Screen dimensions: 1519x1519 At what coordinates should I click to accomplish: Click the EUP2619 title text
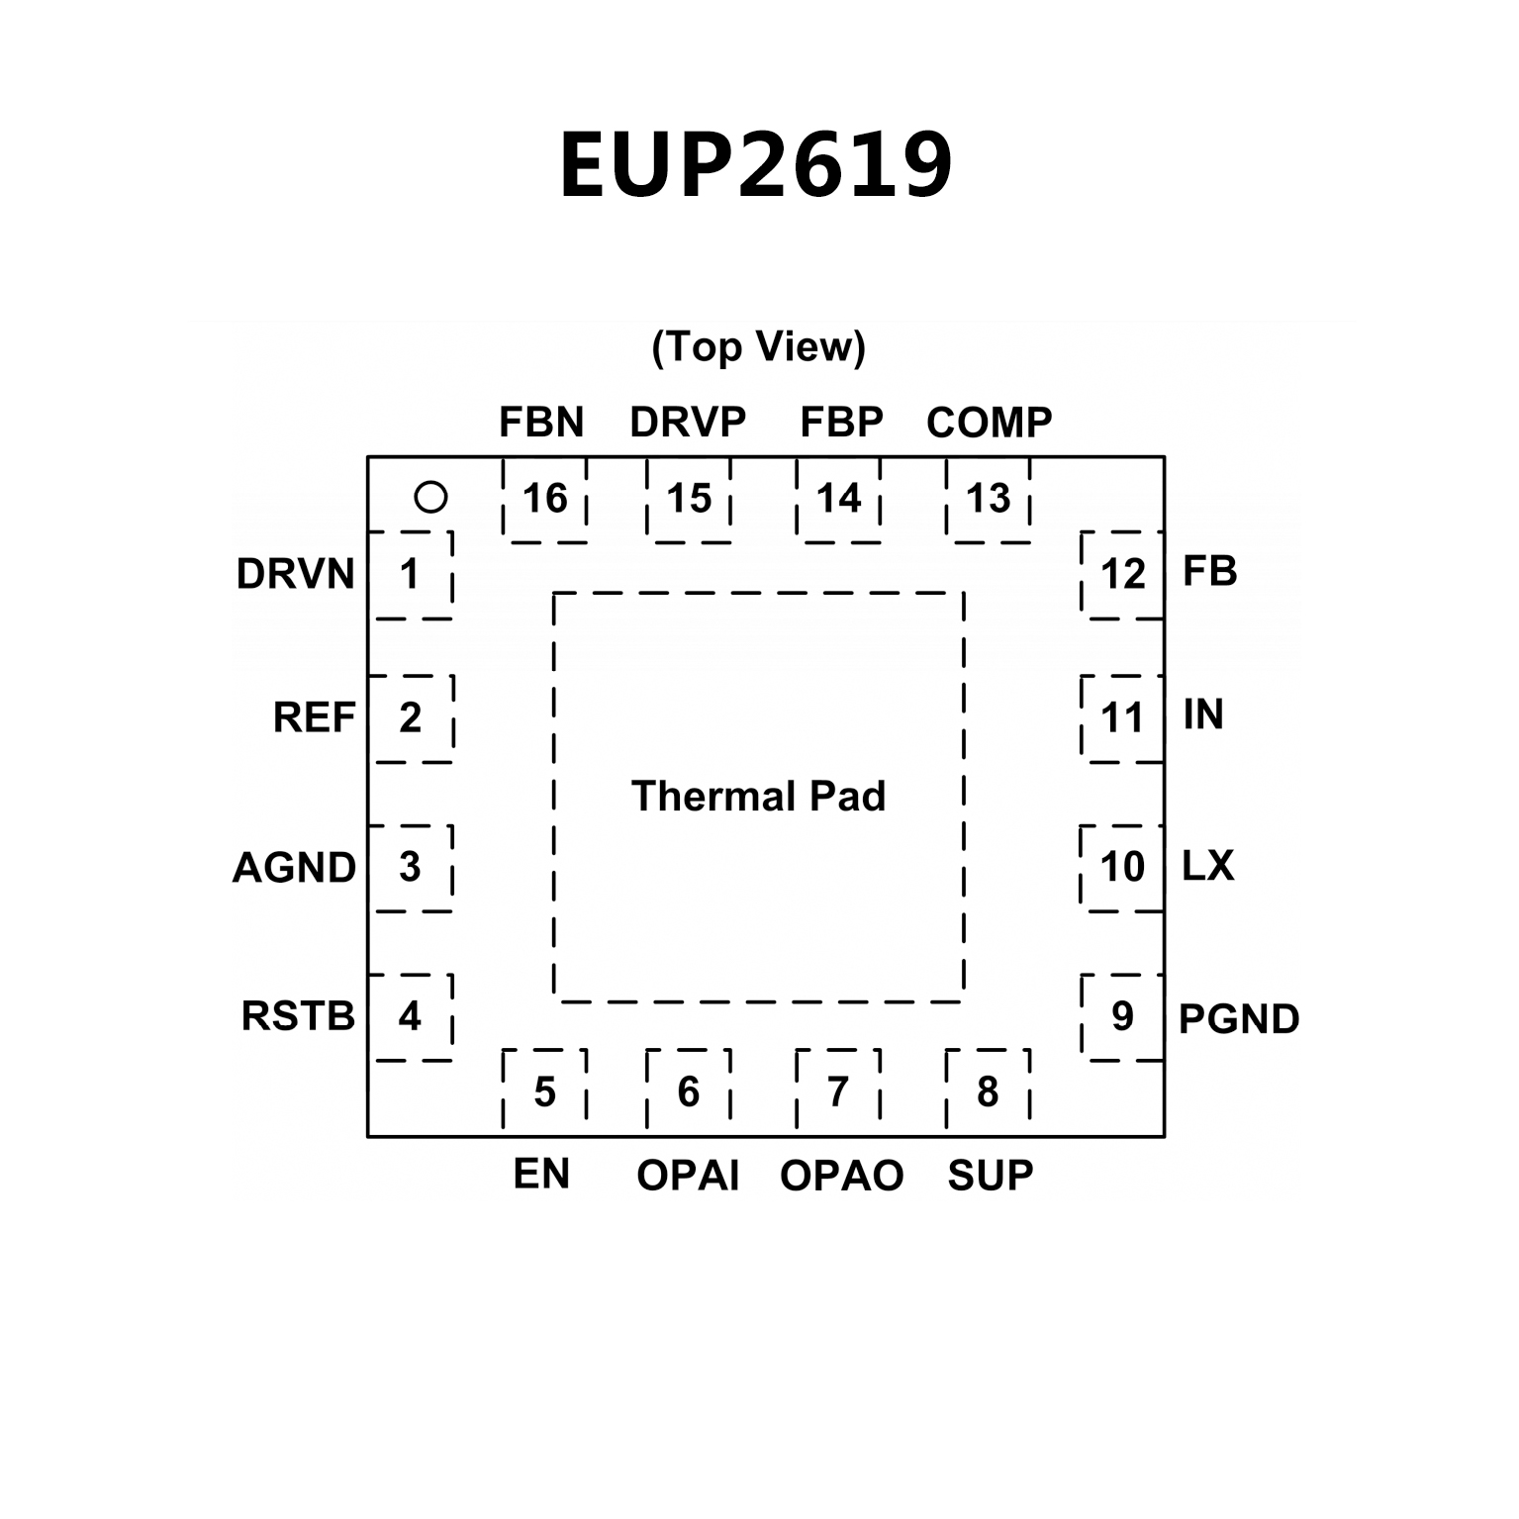pos(757,165)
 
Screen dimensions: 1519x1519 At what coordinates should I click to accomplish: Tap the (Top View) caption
pos(758,346)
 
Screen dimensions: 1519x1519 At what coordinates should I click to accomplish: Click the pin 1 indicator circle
pos(430,497)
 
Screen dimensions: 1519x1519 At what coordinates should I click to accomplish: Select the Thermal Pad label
pos(758,797)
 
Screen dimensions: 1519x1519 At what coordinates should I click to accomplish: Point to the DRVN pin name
pos(295,574)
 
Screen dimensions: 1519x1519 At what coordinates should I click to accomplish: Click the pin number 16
pos(545,499)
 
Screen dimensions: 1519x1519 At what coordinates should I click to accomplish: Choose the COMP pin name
pos(989,423)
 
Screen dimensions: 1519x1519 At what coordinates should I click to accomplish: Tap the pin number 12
pos(1122,574)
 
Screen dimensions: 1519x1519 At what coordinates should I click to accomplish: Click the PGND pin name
pos(1239,1019)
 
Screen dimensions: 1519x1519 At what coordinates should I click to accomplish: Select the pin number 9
pos(1122,1016)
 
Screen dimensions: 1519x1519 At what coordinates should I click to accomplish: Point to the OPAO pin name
pos(841,1176)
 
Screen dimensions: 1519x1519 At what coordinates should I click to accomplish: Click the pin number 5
pos(545,1092)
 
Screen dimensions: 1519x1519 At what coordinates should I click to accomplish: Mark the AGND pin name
pos(294,868)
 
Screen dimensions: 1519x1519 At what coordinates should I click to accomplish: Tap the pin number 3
pos(410,867)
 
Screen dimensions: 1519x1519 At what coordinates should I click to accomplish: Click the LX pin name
pos(1208,867)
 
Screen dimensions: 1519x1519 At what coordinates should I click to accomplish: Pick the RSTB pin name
pos(298,1016)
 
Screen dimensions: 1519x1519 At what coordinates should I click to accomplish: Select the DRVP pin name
pos(688,423)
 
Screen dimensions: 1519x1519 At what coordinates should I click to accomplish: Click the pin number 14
pos(838,499)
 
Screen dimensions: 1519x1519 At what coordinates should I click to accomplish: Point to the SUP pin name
pos(990,1176)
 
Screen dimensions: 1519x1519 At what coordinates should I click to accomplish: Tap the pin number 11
pos(1122,717)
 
